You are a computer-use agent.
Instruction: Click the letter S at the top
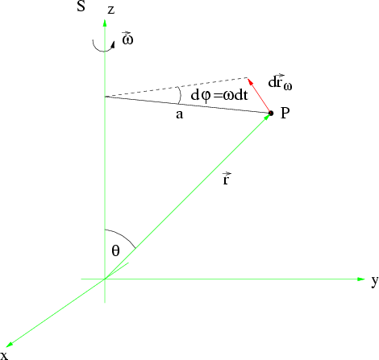[81, 6]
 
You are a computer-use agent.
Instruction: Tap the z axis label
[110, 10]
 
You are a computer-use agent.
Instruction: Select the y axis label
[375, 281]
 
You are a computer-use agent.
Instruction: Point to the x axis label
[5, 355]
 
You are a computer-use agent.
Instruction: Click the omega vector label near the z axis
[127, 38]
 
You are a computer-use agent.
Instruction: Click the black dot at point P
[271, 114]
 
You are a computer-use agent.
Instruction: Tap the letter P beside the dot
[285, 113]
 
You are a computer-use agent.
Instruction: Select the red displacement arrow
[259, 95]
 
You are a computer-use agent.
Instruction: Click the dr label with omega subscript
[280, 82]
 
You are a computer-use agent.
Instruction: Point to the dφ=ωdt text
[219, 95]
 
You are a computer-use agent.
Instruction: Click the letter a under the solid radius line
[180, 114]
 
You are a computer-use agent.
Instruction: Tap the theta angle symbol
[115, 251]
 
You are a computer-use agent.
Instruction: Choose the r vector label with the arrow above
[226, 179]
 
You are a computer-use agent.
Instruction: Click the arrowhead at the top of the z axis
[105, 23]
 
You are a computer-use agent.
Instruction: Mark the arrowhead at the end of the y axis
[361, 279]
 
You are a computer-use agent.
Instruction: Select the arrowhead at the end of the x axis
[9, 345]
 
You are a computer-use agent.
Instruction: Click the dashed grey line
[176, 87]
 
